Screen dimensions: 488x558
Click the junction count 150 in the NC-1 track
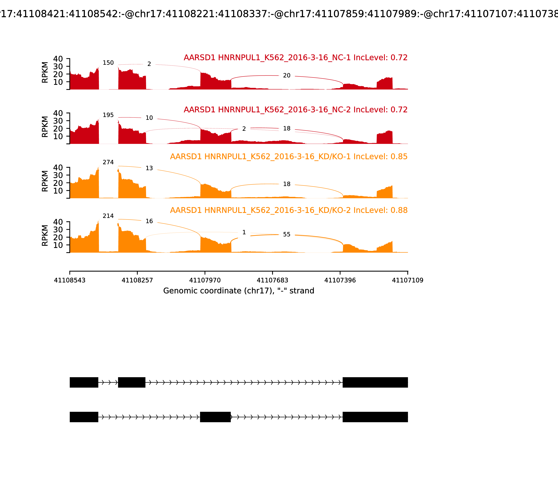108,63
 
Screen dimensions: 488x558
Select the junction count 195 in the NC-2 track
108,115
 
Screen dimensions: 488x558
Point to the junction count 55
287,234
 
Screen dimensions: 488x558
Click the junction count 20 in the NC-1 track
287,76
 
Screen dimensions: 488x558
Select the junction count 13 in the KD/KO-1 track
149,168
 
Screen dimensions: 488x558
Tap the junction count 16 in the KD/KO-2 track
149,221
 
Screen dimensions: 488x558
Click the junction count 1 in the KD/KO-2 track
244,232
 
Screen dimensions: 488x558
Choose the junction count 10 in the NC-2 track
149,118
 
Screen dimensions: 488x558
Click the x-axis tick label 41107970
205,280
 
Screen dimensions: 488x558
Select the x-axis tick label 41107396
340,280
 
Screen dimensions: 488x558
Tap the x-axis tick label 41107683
272,280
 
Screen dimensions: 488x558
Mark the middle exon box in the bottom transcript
215,417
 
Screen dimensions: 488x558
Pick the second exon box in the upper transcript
132,382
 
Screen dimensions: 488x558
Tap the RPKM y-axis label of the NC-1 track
45,73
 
